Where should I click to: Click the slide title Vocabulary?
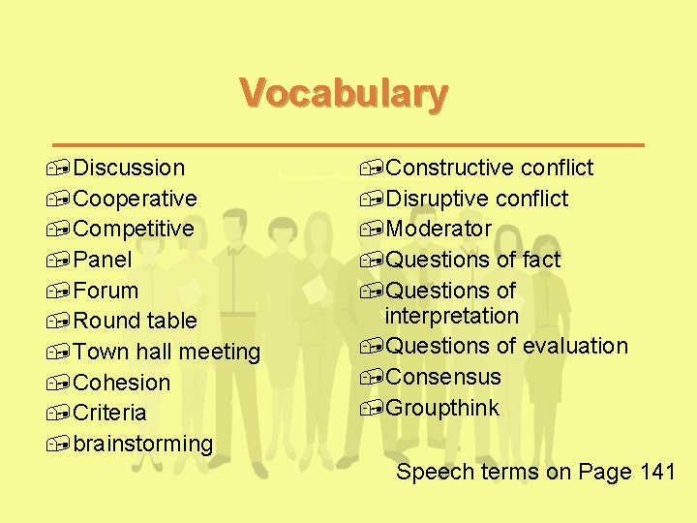344,95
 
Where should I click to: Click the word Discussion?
129,168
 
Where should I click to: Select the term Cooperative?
135,199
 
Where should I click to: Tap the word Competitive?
134,229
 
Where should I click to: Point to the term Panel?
103,260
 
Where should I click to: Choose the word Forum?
106,291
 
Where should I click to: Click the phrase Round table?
135,321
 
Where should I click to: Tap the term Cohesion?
121,383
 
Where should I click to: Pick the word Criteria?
109,413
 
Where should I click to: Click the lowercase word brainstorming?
142,444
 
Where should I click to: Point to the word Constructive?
449,168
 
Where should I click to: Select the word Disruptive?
437,199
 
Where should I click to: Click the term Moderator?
439,229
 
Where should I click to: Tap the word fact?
541,260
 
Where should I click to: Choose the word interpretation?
451,316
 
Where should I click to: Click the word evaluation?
575,346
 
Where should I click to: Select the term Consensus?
443,377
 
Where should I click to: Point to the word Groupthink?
442,408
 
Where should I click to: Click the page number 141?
657,473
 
